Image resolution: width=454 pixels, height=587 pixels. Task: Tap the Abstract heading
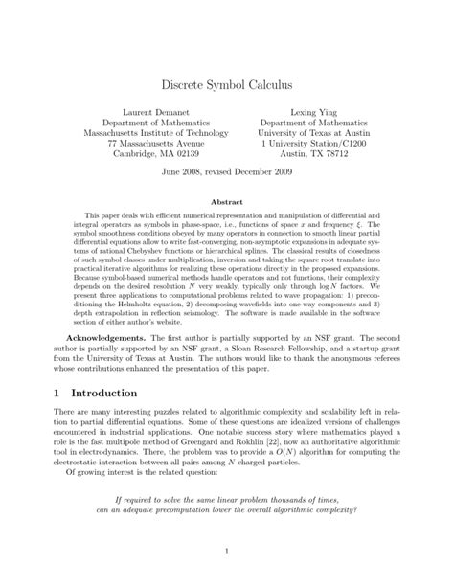[226, 203]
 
